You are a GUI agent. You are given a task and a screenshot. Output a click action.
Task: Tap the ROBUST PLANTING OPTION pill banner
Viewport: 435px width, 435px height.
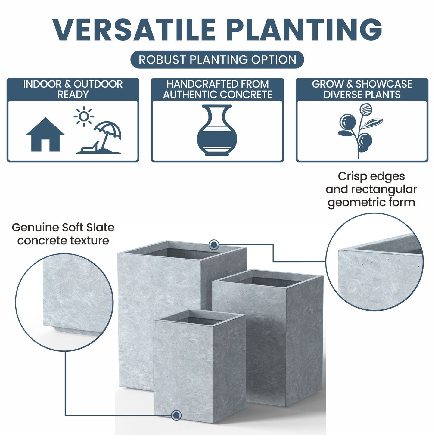pos(217,60)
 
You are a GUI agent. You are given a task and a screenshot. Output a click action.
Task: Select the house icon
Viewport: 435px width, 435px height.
pos(45,135)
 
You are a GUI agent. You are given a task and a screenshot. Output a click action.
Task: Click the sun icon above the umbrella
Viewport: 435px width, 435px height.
pos(84,116)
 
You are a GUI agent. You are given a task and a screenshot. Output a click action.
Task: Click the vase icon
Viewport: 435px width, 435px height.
pos(217,130)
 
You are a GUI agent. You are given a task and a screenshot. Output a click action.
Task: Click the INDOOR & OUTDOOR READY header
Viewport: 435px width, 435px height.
pos(73,89)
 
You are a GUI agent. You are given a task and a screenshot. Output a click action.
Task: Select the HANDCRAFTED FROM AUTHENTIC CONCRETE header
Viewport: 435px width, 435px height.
pos(217,89)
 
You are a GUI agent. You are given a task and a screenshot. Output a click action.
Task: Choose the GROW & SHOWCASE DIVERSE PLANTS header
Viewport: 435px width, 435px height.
pos(362,89)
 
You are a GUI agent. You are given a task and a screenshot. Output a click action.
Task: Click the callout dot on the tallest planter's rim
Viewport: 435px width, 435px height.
pos(214,245)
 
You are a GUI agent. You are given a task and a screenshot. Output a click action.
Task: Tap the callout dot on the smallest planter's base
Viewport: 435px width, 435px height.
pos(176,415)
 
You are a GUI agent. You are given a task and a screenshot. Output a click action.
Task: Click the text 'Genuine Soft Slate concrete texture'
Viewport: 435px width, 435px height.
pos(63,234)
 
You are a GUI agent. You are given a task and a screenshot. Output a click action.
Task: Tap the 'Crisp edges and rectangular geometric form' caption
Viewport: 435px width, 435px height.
pos(371,189)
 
